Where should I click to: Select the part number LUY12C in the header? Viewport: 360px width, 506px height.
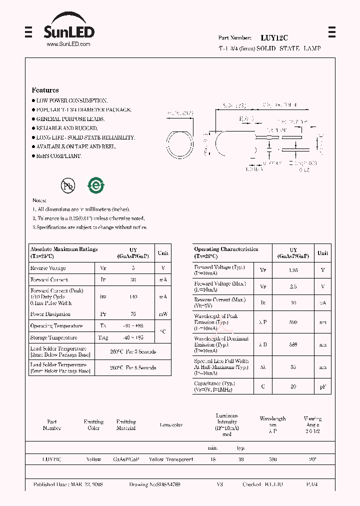(274, 37)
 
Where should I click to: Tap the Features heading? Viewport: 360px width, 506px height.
(45, 90)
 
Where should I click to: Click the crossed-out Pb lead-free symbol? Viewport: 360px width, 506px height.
(67, 186)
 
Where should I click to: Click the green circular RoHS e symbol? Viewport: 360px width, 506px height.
(95, 185)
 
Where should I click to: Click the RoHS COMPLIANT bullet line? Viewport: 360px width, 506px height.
(58, 156)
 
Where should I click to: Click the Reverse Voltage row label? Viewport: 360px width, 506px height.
(48, 268)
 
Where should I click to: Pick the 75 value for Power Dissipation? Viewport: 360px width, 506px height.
(133, 314)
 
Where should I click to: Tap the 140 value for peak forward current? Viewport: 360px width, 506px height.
(133, 297)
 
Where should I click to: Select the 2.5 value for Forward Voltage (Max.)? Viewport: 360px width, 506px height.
(293, 287)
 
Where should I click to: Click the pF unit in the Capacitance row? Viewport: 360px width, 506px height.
(323, 386)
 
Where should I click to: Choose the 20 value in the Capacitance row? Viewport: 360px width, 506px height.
(293, 386)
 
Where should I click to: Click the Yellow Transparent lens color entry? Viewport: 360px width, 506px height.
(171, 459)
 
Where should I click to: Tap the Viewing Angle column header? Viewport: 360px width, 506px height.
(312, 424)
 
